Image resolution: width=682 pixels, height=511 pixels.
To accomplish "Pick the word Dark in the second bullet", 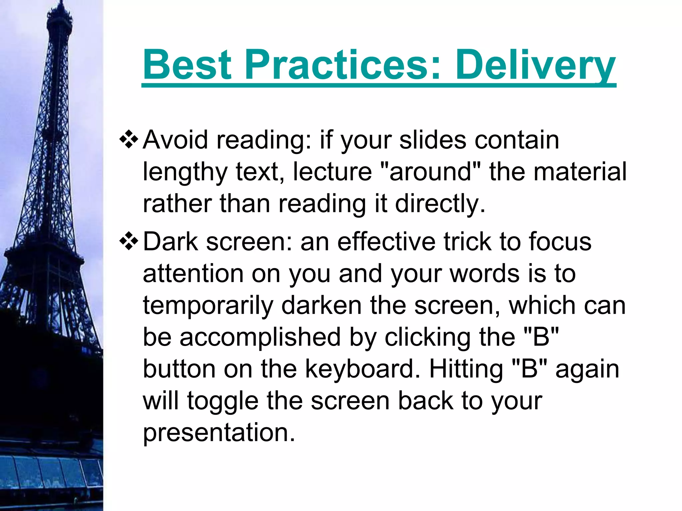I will tap(170, 242).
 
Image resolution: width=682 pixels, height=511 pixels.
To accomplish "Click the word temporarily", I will tap(208, 306).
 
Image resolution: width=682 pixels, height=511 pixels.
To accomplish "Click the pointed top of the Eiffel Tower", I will tap(60, 3).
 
